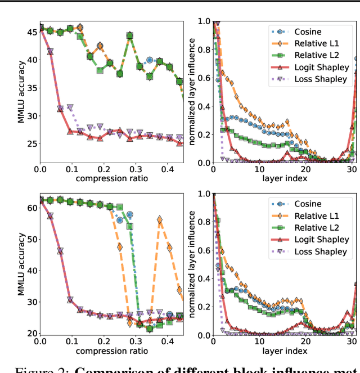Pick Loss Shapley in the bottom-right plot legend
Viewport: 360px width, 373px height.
(321, 251)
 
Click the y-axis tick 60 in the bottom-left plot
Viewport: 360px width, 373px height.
(30, 207)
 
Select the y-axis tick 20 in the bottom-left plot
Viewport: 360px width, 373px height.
(30, 334)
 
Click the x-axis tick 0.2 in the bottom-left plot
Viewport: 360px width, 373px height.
(103, 341)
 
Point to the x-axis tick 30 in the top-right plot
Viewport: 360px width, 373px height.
(351, 169)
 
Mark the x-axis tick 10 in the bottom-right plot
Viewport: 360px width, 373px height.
(259, 341)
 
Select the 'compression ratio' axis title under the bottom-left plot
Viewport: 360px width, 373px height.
(111, 351)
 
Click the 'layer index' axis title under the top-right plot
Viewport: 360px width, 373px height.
(284, 178)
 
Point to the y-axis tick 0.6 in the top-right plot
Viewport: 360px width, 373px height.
(202, 78)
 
